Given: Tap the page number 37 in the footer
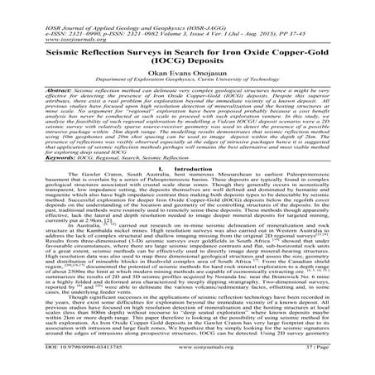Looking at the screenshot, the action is pyautogui.click(x=333, y=363).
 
